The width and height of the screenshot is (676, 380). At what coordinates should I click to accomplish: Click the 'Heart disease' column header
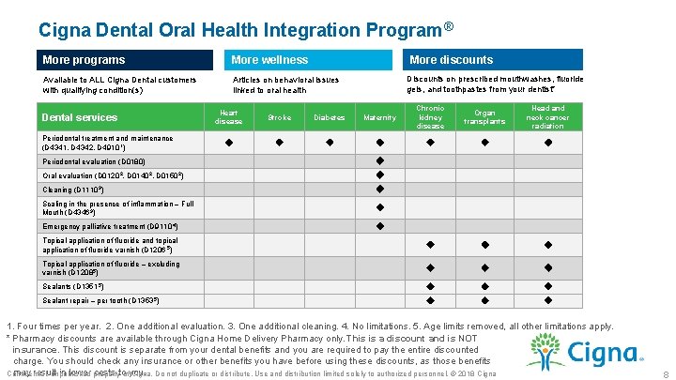pyautogui.click(x=228, y=116)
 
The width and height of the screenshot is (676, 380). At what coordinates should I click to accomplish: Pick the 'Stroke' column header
pyautogui.click(x=279, y=117)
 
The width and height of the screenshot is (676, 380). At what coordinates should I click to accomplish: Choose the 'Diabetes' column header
pyautogui.click(x=329, y=117)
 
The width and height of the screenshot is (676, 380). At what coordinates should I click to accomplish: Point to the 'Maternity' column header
pyautogui.click(x=379, y=117)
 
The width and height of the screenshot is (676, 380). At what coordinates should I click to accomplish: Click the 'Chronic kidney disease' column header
pyautogui.click(x=430, y=117)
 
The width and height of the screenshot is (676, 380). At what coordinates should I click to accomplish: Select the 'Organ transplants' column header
pyautogui.click(x=484, y=117)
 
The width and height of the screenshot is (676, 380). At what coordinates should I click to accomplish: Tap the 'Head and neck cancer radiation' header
pyautogui.click(x=547, y=117)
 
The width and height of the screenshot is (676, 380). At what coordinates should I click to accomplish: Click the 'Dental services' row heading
pyautogui.click(x=81, y=117)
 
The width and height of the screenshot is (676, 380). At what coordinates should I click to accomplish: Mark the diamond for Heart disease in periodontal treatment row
pyautogui.click(x=228, y=143)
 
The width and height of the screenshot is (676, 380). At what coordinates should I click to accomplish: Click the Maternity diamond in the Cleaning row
pyautogui.click(x=379, y=190)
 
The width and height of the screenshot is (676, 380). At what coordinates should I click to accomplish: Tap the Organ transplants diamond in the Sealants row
pyautogui.click(x=484, y=284)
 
